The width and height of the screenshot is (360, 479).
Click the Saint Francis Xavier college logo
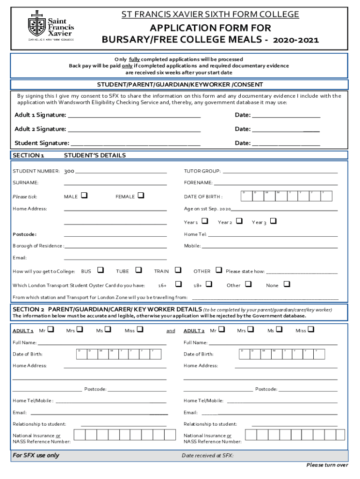point(50,27)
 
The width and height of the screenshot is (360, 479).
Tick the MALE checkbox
point(84,196)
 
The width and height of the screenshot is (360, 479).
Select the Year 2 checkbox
point(239,221)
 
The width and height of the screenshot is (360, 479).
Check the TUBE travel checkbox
point(138,270)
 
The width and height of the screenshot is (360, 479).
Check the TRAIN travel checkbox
point(178,270)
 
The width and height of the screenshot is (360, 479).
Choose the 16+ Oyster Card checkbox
point(178,284)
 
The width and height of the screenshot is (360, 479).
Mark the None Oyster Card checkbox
point(287,284)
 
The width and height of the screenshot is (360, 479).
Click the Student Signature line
point(136,144)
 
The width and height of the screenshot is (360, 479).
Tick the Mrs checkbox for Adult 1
point(79,330)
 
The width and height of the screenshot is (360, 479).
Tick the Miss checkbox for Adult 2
point(311,330)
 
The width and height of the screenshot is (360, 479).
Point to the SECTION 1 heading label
point(29,155)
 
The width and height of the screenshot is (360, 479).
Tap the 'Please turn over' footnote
point(327,465)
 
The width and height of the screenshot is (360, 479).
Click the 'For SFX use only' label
point(36,455)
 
